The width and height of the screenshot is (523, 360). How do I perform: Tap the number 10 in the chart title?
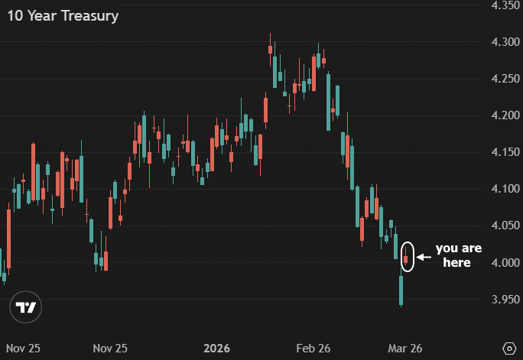click(x=15, y=16)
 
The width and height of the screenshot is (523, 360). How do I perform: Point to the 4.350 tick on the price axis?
click(x=505, y=5)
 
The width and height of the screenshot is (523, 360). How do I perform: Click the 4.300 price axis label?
click(x=505, y=42)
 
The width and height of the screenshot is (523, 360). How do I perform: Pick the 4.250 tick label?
click(x=505, y=79)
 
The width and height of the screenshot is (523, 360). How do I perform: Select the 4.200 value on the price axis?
click(x=505, y=115)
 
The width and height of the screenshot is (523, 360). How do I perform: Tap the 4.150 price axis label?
click(x=505, y=152)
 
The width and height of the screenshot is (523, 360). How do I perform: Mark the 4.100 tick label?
click(x=505, y=189)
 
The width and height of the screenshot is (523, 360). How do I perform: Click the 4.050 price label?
click(x=505, y=225)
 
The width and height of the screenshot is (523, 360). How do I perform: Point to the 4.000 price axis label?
click(x=505, y=262)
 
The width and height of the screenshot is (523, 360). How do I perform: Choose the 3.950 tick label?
click(x=505, y=299)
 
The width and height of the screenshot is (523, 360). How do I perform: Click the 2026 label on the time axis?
click(x=217, y=349)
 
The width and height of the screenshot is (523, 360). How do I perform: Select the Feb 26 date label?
click(x=313, y=349)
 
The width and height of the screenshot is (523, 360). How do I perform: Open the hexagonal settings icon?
click(x=510, y=348)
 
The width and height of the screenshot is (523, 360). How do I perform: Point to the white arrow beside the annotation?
click(x=424, y=257)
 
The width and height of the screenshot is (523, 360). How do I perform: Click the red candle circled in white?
click(x=407, y=258)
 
